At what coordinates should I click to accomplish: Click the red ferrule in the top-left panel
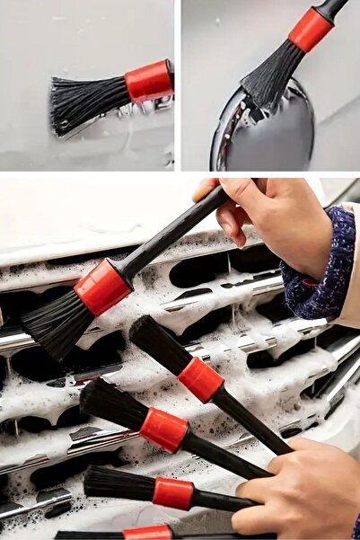[148, 81]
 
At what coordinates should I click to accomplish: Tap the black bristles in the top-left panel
[88, 102]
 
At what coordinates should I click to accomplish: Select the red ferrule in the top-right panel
[311, 30]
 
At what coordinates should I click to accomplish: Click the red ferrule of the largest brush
[101, 288]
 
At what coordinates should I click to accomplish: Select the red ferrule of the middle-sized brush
[163, 429]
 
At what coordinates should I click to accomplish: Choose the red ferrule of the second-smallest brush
[172, 493]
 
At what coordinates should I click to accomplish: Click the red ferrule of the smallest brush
[147, 533]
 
